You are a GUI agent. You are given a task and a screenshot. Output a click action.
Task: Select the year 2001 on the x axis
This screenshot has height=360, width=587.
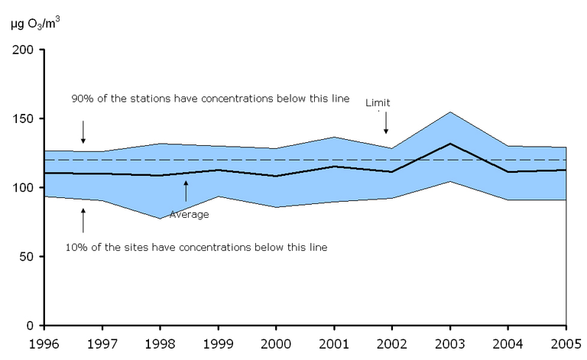[334, 342]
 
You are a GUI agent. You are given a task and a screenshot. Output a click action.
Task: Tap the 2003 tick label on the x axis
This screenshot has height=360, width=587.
[449, 342]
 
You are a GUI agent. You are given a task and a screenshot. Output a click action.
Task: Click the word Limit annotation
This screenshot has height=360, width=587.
[378, 102]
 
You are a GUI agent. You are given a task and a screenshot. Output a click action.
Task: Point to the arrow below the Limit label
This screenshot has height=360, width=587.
[387, 121]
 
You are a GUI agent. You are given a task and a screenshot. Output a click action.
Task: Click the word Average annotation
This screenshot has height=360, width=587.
[189, 215]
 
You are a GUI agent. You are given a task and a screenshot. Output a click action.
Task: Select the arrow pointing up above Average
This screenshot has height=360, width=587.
[186, 191]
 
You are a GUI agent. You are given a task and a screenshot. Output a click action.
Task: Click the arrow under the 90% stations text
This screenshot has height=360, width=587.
[83, 131]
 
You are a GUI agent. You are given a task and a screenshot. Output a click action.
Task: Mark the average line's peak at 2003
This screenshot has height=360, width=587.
[450, 144]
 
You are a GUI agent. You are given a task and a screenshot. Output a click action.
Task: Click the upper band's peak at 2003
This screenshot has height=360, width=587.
[450, 112]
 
